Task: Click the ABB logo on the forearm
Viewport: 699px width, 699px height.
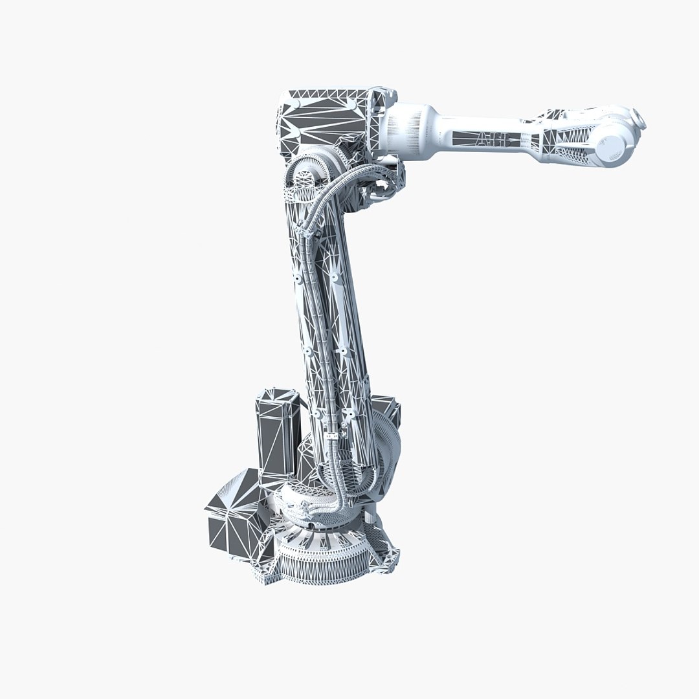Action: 492,139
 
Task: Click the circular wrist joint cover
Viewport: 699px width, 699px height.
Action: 612,146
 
